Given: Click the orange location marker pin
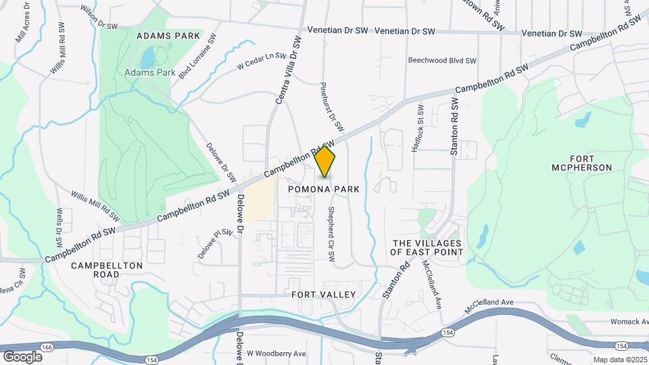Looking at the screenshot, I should [325, 162].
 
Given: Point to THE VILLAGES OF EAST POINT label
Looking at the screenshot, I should [427, 247].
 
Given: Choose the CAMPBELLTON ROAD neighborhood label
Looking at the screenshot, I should [107, 270].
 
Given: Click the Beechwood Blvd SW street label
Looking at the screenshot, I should [442, 60].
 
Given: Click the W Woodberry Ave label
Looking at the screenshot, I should [277, 354].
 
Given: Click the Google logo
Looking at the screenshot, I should [22, 356].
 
